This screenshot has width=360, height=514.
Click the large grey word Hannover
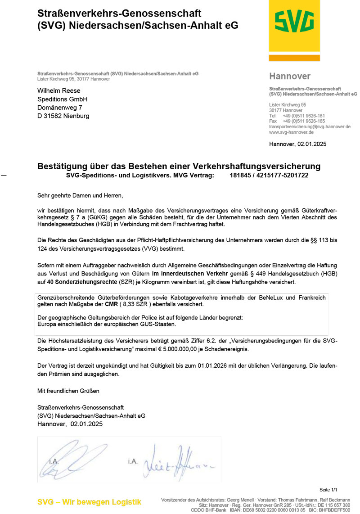pyautogui.click(x=290, y=77)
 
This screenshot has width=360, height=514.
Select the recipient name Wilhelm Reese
pyautogui.click(x=59, y=90)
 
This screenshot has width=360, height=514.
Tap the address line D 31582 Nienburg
pyautogui.click(x=63, y=116)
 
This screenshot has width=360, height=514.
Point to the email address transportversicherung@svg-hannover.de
pyautogui.click(x=310, y=127)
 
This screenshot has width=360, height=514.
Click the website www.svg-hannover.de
pyautogui.click(x=291, y=132)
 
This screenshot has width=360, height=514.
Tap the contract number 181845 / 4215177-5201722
pyautogui.click(x=269, y=175)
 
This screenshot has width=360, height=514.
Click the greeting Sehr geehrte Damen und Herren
pyautogui.click(x=80, y=196)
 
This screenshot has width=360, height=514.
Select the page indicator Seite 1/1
pyautogui.click(x=328, y=490)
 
